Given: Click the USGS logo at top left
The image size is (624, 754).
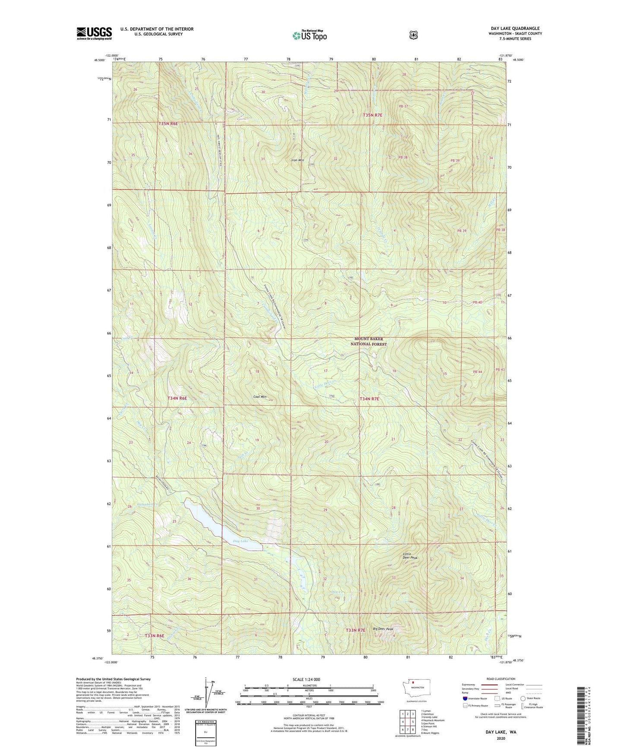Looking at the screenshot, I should [x=94, y=33].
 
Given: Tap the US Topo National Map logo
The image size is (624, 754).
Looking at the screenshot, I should [x=309, y=35].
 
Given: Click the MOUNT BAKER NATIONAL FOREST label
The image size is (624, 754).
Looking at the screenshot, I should [x=368, y=342].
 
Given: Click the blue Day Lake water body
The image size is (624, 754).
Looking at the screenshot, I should [x=216, y=525].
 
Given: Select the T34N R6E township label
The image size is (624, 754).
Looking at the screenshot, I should [x=177, y=398].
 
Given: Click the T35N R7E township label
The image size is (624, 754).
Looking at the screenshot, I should [x=372, y=115].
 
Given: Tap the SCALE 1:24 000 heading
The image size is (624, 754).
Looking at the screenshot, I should [x=306, y=679].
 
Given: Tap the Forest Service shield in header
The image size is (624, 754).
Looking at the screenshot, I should [x=413, y=35].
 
